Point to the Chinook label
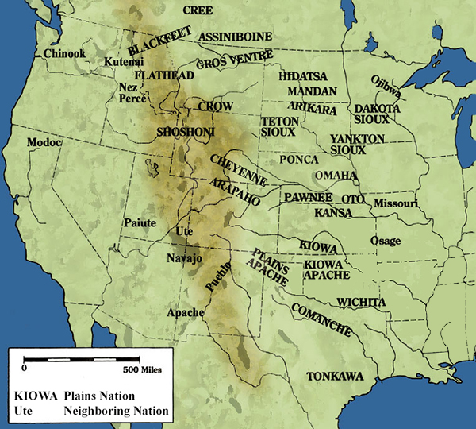(x=62, y=53)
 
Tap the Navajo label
(x=186, y=259)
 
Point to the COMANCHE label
(x=321, y=318)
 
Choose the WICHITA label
(x=361, y=302)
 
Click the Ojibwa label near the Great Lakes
(x=386, y=87)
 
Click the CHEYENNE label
(x=237, y=170)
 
